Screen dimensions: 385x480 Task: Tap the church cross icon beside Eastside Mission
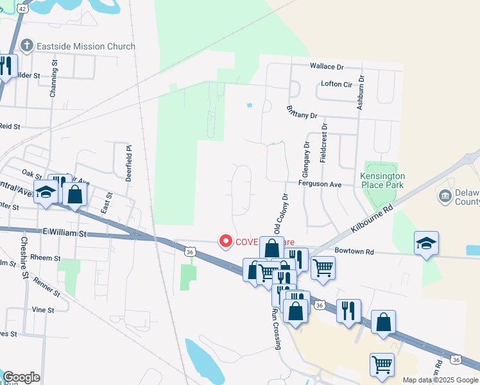click(x=27, y=46)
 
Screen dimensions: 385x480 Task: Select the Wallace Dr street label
click(x=327, y=66)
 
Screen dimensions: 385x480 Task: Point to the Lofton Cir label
click(x=337, y=84)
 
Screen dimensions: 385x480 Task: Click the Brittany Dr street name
click(x=302, y=111)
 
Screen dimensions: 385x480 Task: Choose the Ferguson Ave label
click(x=320, y=184)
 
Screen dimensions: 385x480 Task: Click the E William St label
click(x=64, y=234)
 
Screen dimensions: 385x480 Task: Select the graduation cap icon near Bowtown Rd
click(x=426, y=243)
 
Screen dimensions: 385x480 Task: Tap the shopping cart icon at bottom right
click(x=382, y=364)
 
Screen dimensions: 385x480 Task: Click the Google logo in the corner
click(x=21, y=377)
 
